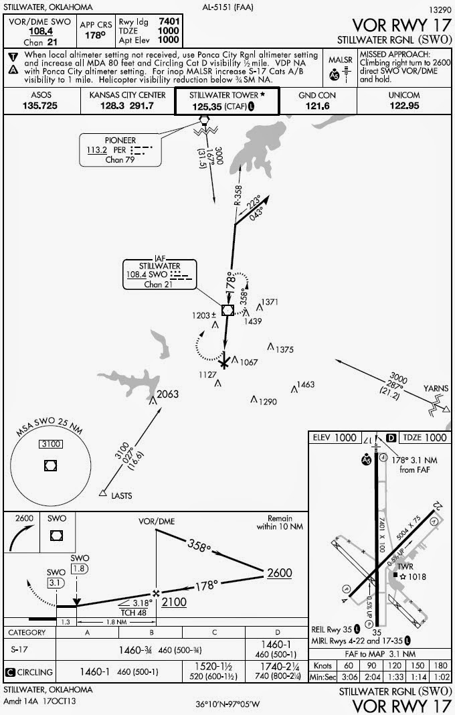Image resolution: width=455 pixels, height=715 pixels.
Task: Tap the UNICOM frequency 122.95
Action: pyautogui.click(x=403, y=106)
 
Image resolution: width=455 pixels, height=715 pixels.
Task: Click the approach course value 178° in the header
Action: pyautogui.click(x=96, y=35)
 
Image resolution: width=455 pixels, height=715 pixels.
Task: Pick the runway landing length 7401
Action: pyautogui.click(x=167, y=21)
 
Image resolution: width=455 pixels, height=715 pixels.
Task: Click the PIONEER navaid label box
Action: pyautogui.click(x=120, y=151)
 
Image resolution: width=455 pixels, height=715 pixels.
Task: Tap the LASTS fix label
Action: pyautogui.click(x=122, y=495)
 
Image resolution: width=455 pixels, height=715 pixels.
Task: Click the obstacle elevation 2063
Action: pyautogui.click(x=167, y=394)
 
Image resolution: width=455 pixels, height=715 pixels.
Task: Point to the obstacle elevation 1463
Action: pyautogui.click(x=305, y=385)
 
